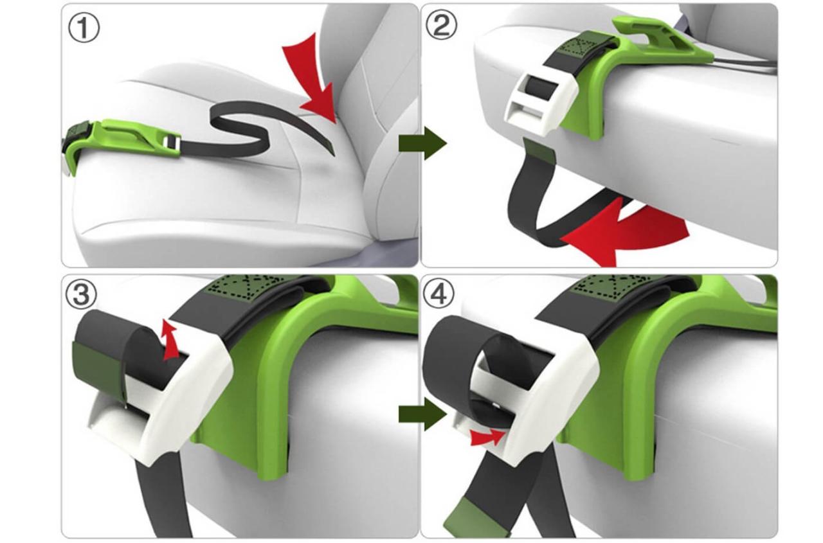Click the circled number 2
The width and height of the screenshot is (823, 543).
(x=441, y=26)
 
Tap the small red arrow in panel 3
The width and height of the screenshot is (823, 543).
(x=170, y=340)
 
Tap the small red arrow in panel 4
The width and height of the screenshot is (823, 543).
(x=487, y=437)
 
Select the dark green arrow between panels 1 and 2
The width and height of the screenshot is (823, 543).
(x=421, y=143)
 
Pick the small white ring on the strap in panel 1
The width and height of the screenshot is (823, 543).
(x=170, y=141)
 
